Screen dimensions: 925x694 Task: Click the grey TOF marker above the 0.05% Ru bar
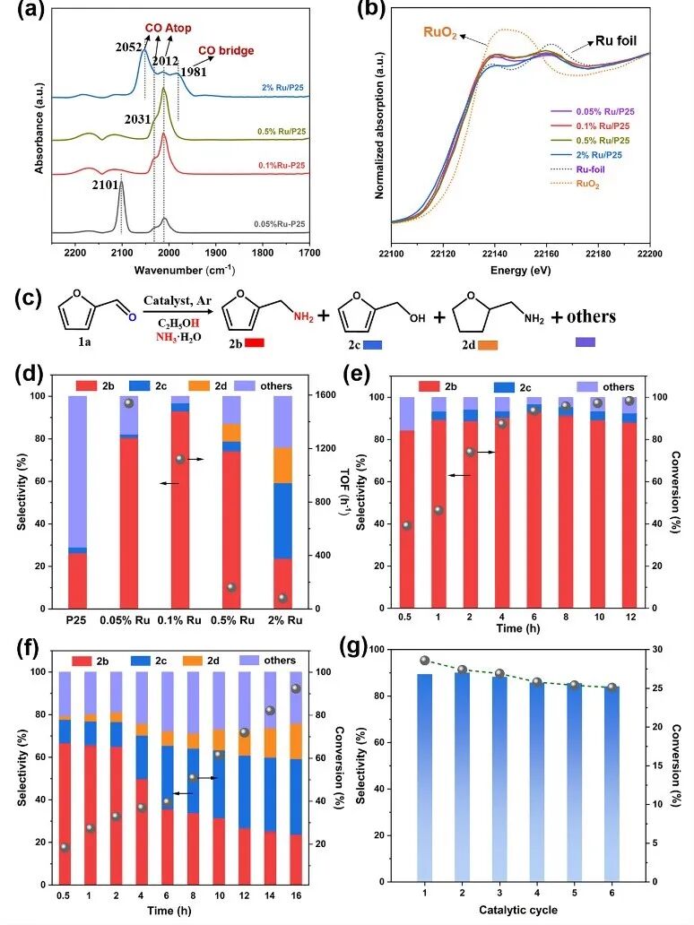point(128,403)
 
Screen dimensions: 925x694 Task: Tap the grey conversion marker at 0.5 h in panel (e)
point(407,525)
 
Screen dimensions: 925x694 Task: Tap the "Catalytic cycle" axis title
point(518,911)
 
